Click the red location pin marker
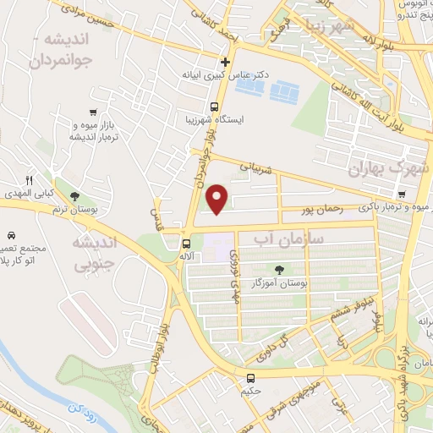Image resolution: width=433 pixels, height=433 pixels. [218, 199]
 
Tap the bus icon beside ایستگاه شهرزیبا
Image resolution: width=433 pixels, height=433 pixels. [215, 107]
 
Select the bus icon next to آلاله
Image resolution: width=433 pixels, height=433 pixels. [186, 244]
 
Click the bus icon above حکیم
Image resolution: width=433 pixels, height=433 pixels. [250, 378]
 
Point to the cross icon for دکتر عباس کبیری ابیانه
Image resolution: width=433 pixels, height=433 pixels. [225, 62]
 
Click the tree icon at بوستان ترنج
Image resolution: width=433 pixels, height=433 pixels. [74, 197]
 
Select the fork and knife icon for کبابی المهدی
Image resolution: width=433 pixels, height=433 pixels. [30, 181]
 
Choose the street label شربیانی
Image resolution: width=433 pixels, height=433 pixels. [258, 169]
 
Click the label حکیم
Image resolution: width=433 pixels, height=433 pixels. [250, 392]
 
